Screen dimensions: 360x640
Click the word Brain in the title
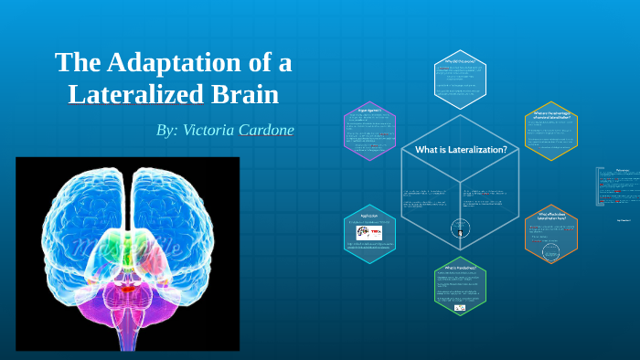[246, 94]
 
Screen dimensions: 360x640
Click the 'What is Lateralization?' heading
[461, 150]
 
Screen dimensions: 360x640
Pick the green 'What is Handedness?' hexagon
[461, 289]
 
